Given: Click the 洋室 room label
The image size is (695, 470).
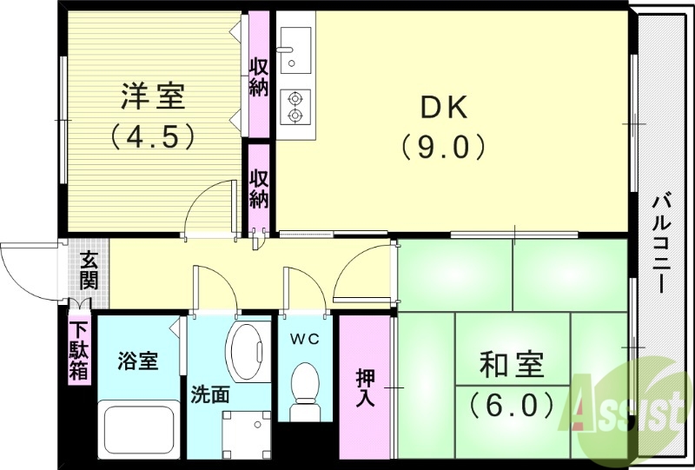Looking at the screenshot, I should pyautogui.click(x=152, y=96).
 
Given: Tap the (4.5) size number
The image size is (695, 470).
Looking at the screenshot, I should pyautogui.click(x=152, y=136).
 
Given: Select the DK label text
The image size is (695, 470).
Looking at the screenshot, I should pyautogui.click(x=444, y=107).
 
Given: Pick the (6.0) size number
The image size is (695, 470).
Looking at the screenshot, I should pyautogui.click(x=513, y=404).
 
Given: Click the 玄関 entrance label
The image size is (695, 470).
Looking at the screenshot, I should pyautogui.click(x=89, y=271).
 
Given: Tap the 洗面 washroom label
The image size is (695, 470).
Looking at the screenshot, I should pyautogui.click(x=210, y=394).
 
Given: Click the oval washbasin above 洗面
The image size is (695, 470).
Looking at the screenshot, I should pyautogui.click(x=248, y=352).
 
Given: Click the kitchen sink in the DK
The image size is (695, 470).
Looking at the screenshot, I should pyautogui.click(x=295, y=47).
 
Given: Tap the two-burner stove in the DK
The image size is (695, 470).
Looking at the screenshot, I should pyautogui.click(x=295, y=105).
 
